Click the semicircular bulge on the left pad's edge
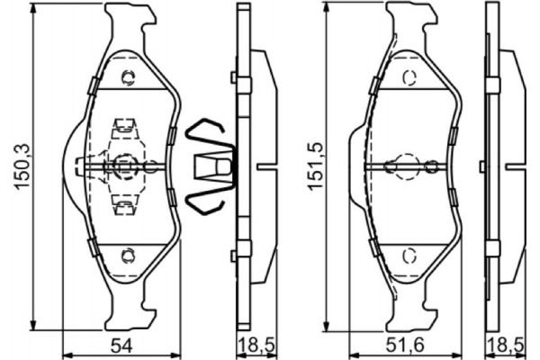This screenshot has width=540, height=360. click(71, 166)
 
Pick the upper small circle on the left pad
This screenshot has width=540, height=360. click(126, 76)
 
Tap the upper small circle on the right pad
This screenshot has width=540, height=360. click(410, 76)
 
